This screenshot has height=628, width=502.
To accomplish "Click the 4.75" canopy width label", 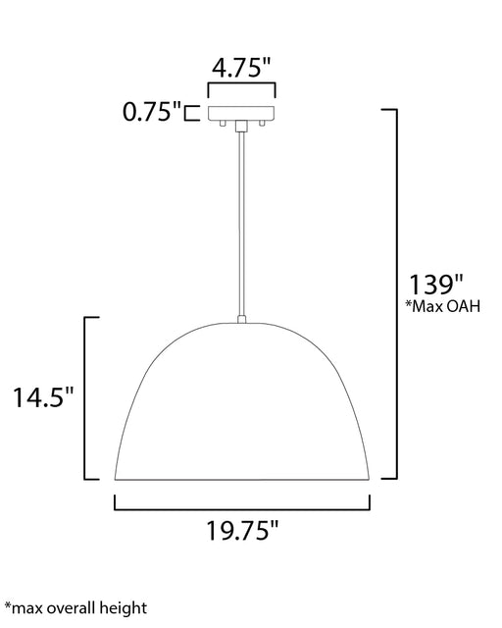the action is coord(241,68).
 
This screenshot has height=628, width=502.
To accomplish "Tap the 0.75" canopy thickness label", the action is coord(152,112).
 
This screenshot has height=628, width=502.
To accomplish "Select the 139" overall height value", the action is coord(435,285).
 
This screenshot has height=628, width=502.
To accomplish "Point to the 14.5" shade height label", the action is coord(44,397).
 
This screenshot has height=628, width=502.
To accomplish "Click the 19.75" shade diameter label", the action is coord(242,531).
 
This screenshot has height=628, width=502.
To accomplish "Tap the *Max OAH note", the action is coord(443,306).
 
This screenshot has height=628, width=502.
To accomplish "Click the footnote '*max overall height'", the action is coord(75,608).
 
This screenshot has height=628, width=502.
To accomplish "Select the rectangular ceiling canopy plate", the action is coord(241,114).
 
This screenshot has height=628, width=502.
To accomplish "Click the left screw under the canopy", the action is coord(223,124).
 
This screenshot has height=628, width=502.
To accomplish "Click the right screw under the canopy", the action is coord(262,124).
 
